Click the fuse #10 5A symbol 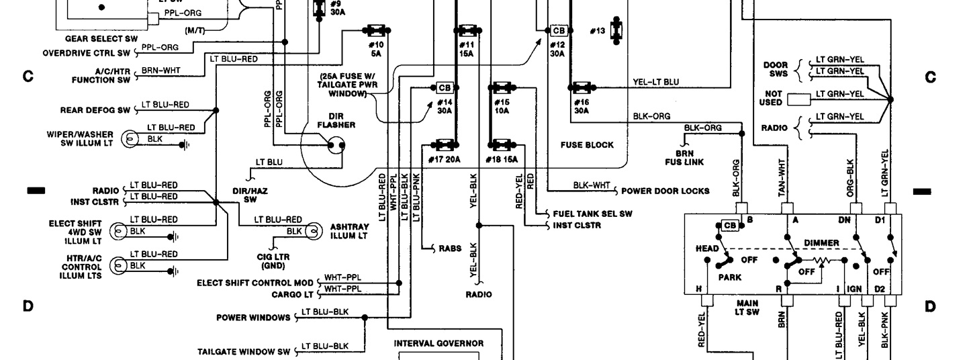click(x=375, y=30)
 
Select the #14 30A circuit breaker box click(x=444, y=87)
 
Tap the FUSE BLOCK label click(x=586, y=145)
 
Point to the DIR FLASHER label click(x=336, y=120)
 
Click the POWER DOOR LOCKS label click(x=665, y=191)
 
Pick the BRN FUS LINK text click(x=689, y=157)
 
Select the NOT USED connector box click(x=798, y=99)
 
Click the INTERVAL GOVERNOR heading click(x=438, y=343)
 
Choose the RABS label click(x=450, y=249)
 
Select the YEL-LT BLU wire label click(x=655, y=82)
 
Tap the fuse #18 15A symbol click(x=500, y=144)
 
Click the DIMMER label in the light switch click(x=821, y=242)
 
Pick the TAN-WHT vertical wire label click(x=782, y=177)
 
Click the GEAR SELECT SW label click(x=101, y=39)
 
